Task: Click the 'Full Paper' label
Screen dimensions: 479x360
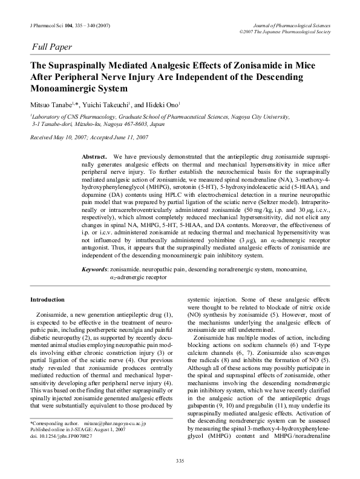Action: tap(52, 46)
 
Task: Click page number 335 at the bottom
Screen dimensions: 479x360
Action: tap(180, 461)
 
